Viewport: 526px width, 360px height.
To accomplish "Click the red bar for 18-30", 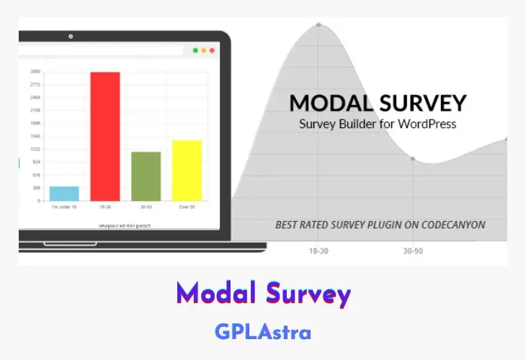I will pos(105,137).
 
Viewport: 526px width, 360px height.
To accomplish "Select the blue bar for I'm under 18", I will pos(64,194).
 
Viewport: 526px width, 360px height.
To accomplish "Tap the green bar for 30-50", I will pos(146,176).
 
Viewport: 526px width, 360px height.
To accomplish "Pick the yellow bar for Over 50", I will pos(187,171).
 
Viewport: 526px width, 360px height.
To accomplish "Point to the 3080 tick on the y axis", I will pos(35,71).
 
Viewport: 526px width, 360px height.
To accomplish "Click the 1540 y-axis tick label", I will pos(35,136).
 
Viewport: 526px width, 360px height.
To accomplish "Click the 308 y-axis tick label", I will pos(36,188).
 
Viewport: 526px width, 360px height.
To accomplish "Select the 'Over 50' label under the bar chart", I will pos(187,207).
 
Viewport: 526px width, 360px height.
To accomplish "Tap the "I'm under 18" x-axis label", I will pos(64,207).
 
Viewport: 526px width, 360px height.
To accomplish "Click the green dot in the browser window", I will pos(195,50).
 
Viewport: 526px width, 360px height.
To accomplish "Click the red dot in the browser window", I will pos(212,50).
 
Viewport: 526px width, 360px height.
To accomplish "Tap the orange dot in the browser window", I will pos(203,50).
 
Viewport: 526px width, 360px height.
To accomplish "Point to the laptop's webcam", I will pos(71,36).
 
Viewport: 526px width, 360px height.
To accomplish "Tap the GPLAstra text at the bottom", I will pos(263,332).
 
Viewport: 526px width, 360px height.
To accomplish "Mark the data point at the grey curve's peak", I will pos(318,24).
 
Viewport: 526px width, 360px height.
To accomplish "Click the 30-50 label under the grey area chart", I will pos(412,252).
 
